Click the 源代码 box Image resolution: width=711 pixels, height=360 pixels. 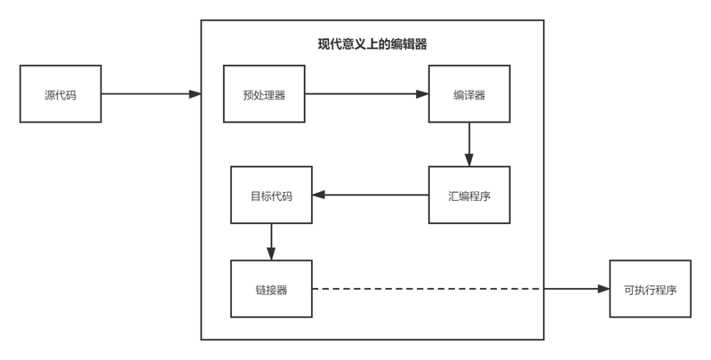[x=60, y=93]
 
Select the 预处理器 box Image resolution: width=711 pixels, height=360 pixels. [x=264, y=93]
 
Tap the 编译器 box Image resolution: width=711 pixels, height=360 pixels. [x=469, y=93]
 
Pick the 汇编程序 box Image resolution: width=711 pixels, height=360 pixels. [x=469, y=195]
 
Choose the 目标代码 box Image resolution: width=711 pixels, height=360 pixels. [x=271, y=195]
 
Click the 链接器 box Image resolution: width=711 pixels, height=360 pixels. [x=271, y=289]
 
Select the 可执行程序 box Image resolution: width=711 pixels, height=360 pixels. [x=649, y=289]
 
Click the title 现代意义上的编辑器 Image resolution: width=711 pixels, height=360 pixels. [x=372, y=44]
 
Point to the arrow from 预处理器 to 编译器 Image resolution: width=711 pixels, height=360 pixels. [x=364, y=93]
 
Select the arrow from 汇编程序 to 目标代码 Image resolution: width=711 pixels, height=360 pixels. [x=369, y=195]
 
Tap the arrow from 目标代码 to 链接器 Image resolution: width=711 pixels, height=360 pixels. [x=271, y=240]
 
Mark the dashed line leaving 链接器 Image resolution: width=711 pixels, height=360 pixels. [x=427, y=289]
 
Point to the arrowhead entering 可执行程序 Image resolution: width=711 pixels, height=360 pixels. [x=603, y=289]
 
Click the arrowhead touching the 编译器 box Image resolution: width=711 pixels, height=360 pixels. [x=422, y=93]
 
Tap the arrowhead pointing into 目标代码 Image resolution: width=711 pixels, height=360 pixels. [x=318, y=195]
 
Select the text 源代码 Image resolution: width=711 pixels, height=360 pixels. [x=60, y=93]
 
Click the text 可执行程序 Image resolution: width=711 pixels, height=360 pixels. [x=649, y=289]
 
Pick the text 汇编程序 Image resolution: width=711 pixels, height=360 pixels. [x=469, y=195]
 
